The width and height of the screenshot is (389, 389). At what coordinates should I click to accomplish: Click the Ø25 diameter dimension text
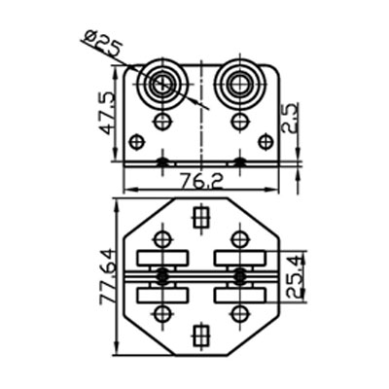coord(102,44)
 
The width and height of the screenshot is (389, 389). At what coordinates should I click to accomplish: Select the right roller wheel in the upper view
coord(239,84)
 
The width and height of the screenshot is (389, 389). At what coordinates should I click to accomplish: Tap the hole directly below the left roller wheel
coord(162,122)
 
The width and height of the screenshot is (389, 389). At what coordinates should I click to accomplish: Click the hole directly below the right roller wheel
coord(239,122)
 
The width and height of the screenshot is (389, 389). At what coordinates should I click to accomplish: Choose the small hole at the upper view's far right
coord(265,142)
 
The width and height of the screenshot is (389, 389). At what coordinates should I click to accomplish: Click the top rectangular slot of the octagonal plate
coord(201,217)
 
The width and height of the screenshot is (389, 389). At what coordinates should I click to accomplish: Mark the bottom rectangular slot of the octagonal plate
coord(201,336)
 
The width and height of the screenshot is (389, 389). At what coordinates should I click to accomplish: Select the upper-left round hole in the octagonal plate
coord(162,239)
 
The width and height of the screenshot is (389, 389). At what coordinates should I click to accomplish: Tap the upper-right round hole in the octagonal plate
coord(239,239)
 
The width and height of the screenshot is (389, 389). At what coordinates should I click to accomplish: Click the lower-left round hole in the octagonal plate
coord(162,313)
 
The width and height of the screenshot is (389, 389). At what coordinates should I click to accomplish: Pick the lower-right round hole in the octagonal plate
coord(239,313)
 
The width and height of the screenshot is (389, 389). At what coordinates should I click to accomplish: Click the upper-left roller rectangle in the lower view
coord(160,260)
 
